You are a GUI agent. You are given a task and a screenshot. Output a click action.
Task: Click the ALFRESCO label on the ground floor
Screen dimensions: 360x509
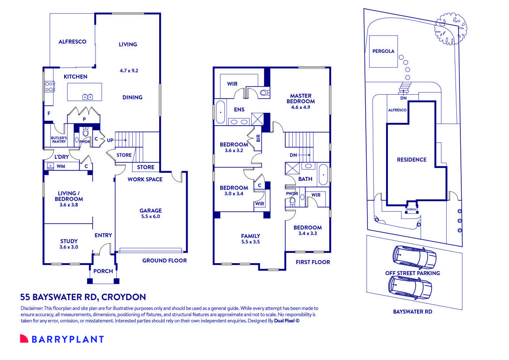tap(72, 42)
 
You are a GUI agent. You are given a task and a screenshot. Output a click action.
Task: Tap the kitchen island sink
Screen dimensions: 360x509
tap(87, 97)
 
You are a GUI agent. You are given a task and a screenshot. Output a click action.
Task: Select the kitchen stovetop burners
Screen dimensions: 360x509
tap(49, 86)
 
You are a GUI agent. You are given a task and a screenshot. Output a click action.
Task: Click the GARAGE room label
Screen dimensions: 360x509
tap(151, 211)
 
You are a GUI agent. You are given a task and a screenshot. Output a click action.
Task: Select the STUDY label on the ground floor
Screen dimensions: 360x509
tap(69, 241)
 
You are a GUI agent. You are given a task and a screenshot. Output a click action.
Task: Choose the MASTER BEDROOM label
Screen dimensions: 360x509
tap(301, 98)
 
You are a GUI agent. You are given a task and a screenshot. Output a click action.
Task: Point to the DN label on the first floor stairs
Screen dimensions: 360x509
tap(293, 155)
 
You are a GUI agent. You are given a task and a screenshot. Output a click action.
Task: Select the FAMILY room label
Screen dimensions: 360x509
tap(250, 236)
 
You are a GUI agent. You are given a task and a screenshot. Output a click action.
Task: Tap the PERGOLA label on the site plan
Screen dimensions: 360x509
tap(383, 51)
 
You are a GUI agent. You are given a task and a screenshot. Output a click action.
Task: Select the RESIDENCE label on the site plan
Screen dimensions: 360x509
tap(411, 160)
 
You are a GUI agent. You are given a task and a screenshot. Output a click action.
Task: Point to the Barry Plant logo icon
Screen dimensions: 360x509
tap(24, 339)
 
